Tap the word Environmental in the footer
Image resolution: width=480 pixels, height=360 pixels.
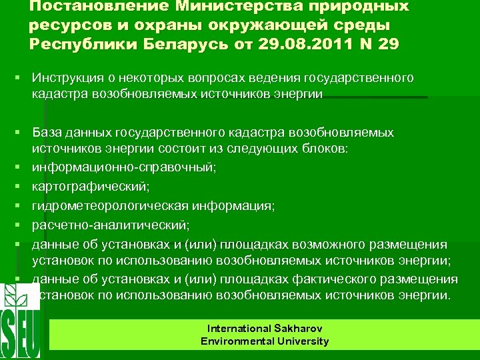click(232, 341)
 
